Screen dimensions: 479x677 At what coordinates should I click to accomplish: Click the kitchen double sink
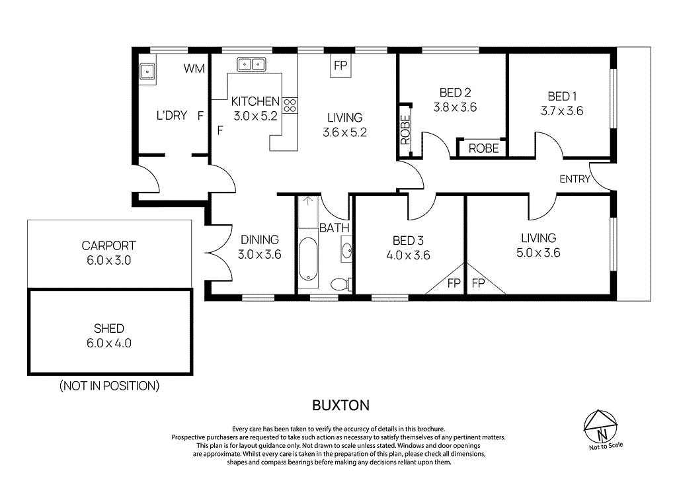pos(251,64)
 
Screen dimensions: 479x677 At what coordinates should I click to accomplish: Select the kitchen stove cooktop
pos(290,105)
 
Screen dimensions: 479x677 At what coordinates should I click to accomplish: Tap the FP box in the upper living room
pos(340,65)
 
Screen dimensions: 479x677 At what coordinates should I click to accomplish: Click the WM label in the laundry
pos(194,69)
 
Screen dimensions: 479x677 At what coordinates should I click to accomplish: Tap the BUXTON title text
pos(340,405)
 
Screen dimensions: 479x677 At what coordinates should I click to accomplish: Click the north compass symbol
pos(602,427)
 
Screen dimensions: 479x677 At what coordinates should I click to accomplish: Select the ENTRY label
pos(574,179)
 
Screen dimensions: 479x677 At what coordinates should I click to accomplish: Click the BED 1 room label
pos(562,97)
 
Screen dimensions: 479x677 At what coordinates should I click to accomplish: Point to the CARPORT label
pos(109,245)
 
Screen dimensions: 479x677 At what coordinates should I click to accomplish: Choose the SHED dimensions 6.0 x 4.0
pos(109,343)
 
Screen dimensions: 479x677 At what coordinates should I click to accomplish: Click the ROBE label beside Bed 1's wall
pos(483,149)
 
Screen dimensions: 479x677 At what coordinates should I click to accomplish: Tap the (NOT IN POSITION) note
pos(109,385)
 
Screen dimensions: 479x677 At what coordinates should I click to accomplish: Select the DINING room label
pos(259,239)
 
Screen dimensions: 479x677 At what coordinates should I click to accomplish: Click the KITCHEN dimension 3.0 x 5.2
pos(255,116)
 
